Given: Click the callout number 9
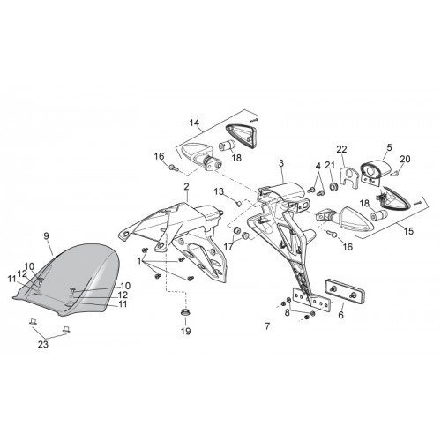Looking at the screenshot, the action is [46, 236].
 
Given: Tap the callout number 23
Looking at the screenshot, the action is [43, 344].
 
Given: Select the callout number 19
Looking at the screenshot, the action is [186, 331].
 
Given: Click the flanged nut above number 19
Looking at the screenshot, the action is [185, 312].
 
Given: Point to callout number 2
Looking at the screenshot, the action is [186, 186].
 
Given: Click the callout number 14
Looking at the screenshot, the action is [194, 123].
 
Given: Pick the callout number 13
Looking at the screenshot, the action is [219, 191].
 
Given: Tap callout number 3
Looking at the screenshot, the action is [281, 164].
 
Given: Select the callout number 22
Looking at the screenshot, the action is [341, 149].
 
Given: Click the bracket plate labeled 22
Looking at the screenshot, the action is [349, 176].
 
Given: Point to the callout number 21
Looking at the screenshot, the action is [330, 165].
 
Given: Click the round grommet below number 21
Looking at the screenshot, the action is [333, 186].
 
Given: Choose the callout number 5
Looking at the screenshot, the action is [389, 147].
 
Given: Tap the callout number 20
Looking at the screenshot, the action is [405, 159].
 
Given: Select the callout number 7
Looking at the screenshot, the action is [267, 326].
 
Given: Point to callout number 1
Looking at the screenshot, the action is [139, 260].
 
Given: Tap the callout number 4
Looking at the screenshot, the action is [318, 166].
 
